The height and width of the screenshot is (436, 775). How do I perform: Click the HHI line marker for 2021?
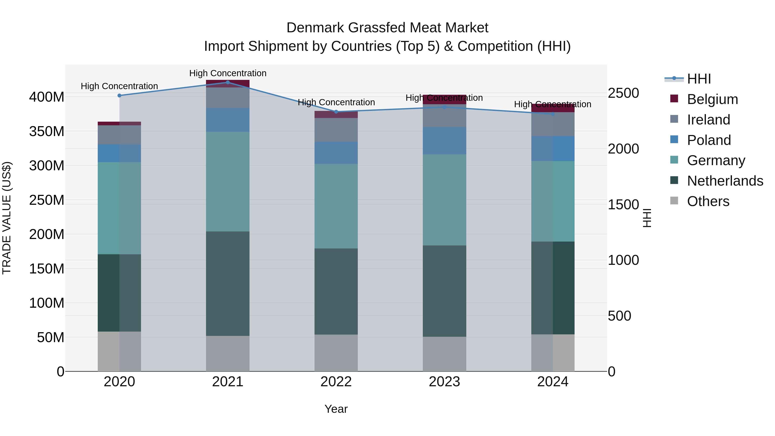click(228, 82)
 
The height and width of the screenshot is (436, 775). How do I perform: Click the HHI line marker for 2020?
click(119, 96)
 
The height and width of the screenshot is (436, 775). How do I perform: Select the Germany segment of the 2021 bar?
click(228, 182)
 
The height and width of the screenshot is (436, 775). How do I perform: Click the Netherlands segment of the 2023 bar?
click(444, 291)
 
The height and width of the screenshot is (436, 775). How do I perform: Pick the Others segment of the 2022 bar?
click(336, 353)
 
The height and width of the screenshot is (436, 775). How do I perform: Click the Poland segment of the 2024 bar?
click(553, 149)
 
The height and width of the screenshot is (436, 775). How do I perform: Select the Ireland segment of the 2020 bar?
click(119, 135)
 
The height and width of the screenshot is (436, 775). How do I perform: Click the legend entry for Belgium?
click(712, 99)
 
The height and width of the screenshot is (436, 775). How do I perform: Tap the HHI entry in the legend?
click(699, 79)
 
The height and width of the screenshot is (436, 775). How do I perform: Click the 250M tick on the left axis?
click(47, 200)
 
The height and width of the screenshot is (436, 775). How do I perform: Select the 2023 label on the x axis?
click(444, 382)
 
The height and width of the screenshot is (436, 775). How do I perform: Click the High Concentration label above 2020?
click(119, 86)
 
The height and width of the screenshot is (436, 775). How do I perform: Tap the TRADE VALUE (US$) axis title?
click(7, 218)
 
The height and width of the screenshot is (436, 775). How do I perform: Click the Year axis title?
click(336, 409)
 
